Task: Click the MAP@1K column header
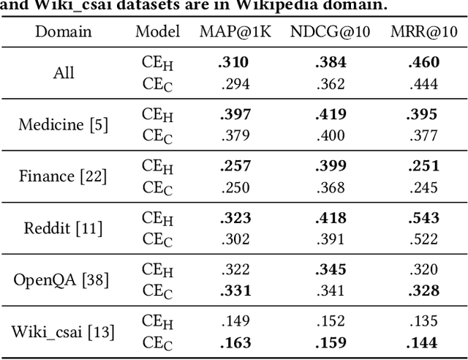234,31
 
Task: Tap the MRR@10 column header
423,31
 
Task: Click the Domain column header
64,31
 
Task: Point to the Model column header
157,31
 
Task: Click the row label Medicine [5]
64,124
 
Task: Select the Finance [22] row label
64,176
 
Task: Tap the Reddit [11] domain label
64,228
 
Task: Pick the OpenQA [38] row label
64,280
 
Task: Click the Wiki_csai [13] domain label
64,331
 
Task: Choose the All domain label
64,73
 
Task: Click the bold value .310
233,63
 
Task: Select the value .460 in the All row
423,63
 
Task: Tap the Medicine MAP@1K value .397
234,115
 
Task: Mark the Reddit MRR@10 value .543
423,218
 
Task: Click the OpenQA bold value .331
234,291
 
